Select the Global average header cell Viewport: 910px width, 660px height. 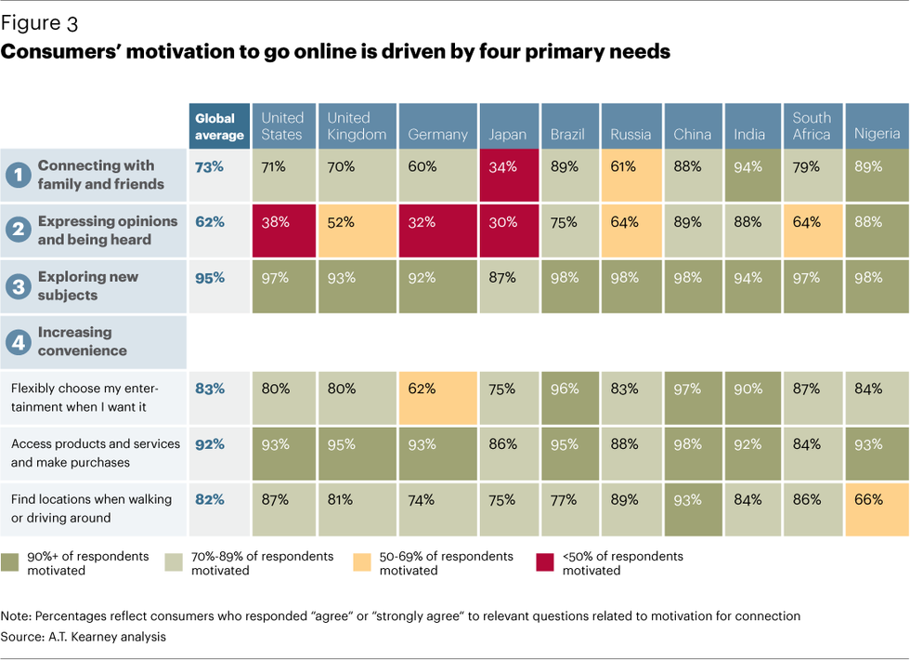coord(219,126)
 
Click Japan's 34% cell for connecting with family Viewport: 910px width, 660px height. coord(508,174)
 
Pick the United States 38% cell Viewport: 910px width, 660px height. coord(283,230)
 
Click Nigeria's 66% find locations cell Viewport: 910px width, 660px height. coord(877,508)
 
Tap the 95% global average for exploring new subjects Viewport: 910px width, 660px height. coord(210,285)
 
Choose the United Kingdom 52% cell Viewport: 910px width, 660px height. coord(358,230)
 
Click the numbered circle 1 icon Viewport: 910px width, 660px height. coord(17,175)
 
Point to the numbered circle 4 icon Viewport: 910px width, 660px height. coord(17,342)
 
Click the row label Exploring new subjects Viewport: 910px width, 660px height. coord(88,286)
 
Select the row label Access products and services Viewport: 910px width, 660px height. coord(96,453)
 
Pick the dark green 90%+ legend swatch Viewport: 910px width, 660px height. coord(10,561)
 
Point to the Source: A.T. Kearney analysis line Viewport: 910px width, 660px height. coord(84,638)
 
